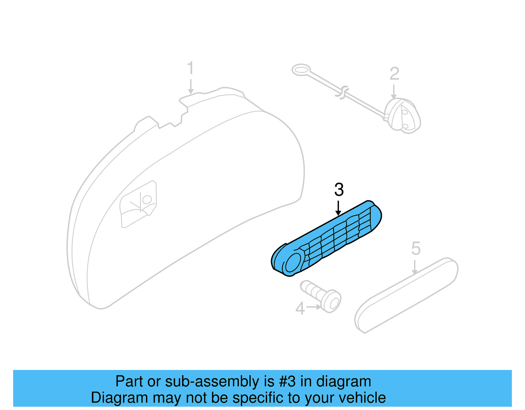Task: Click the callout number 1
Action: click(x=190, y=68)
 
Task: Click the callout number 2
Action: click(x=394, y=74)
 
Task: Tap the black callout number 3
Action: click(x=339, y=190)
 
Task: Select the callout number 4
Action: click(x=300, y=309)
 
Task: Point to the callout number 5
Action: click(x=416, y=248)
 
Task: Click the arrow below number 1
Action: click(x=191, y=86)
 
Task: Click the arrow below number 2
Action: click(x=394, y=92)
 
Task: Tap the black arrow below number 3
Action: click(x=338, y=208)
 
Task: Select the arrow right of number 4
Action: click(x=314, y=307)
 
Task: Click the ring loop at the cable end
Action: click(x=301, y=70)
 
